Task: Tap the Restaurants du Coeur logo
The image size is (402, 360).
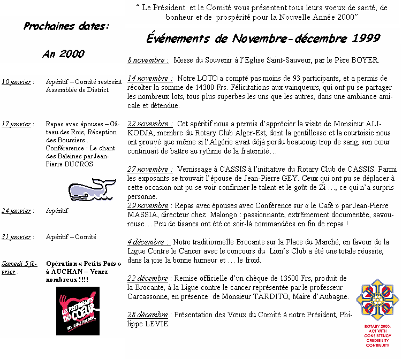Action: click(78, 311)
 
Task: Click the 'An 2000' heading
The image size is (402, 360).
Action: click(63, 53)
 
